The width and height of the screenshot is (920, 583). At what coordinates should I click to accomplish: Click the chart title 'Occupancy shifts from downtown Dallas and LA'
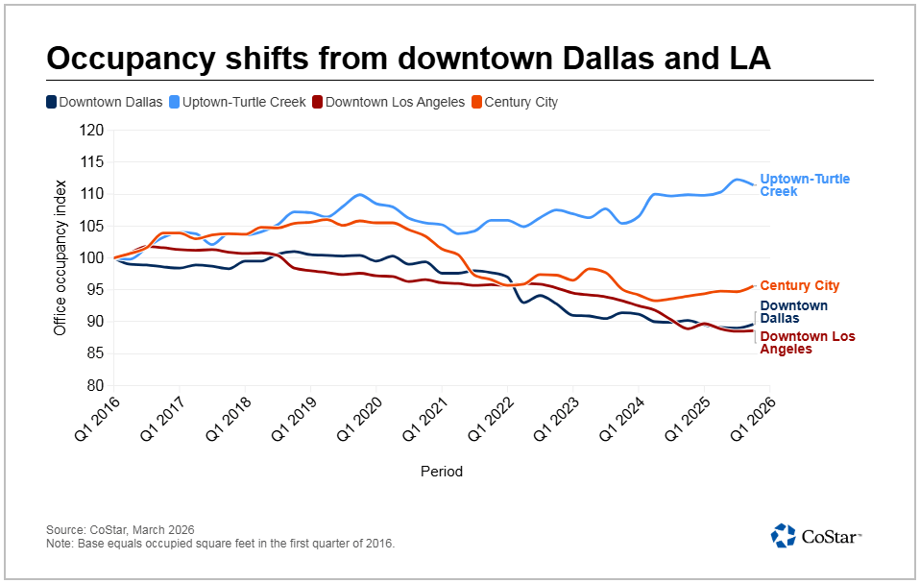point(408,58)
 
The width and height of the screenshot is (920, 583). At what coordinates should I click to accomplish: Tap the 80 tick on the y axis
point(95,385)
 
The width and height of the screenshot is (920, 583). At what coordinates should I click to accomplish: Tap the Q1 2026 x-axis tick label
point(751,419)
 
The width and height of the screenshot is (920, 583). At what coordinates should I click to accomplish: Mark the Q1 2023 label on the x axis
point(554,419)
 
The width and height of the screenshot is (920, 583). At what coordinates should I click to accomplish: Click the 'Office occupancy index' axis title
point(60,257)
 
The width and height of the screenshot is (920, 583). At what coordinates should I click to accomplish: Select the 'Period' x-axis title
point(441,472)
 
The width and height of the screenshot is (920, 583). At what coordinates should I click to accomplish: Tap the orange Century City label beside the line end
point(799,285)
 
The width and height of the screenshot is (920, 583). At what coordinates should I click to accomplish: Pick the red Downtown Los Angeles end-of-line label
point(807,343)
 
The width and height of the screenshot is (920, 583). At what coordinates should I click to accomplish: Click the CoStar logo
point(815,535)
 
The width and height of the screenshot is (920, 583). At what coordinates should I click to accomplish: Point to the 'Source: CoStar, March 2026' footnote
point(120,529)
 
